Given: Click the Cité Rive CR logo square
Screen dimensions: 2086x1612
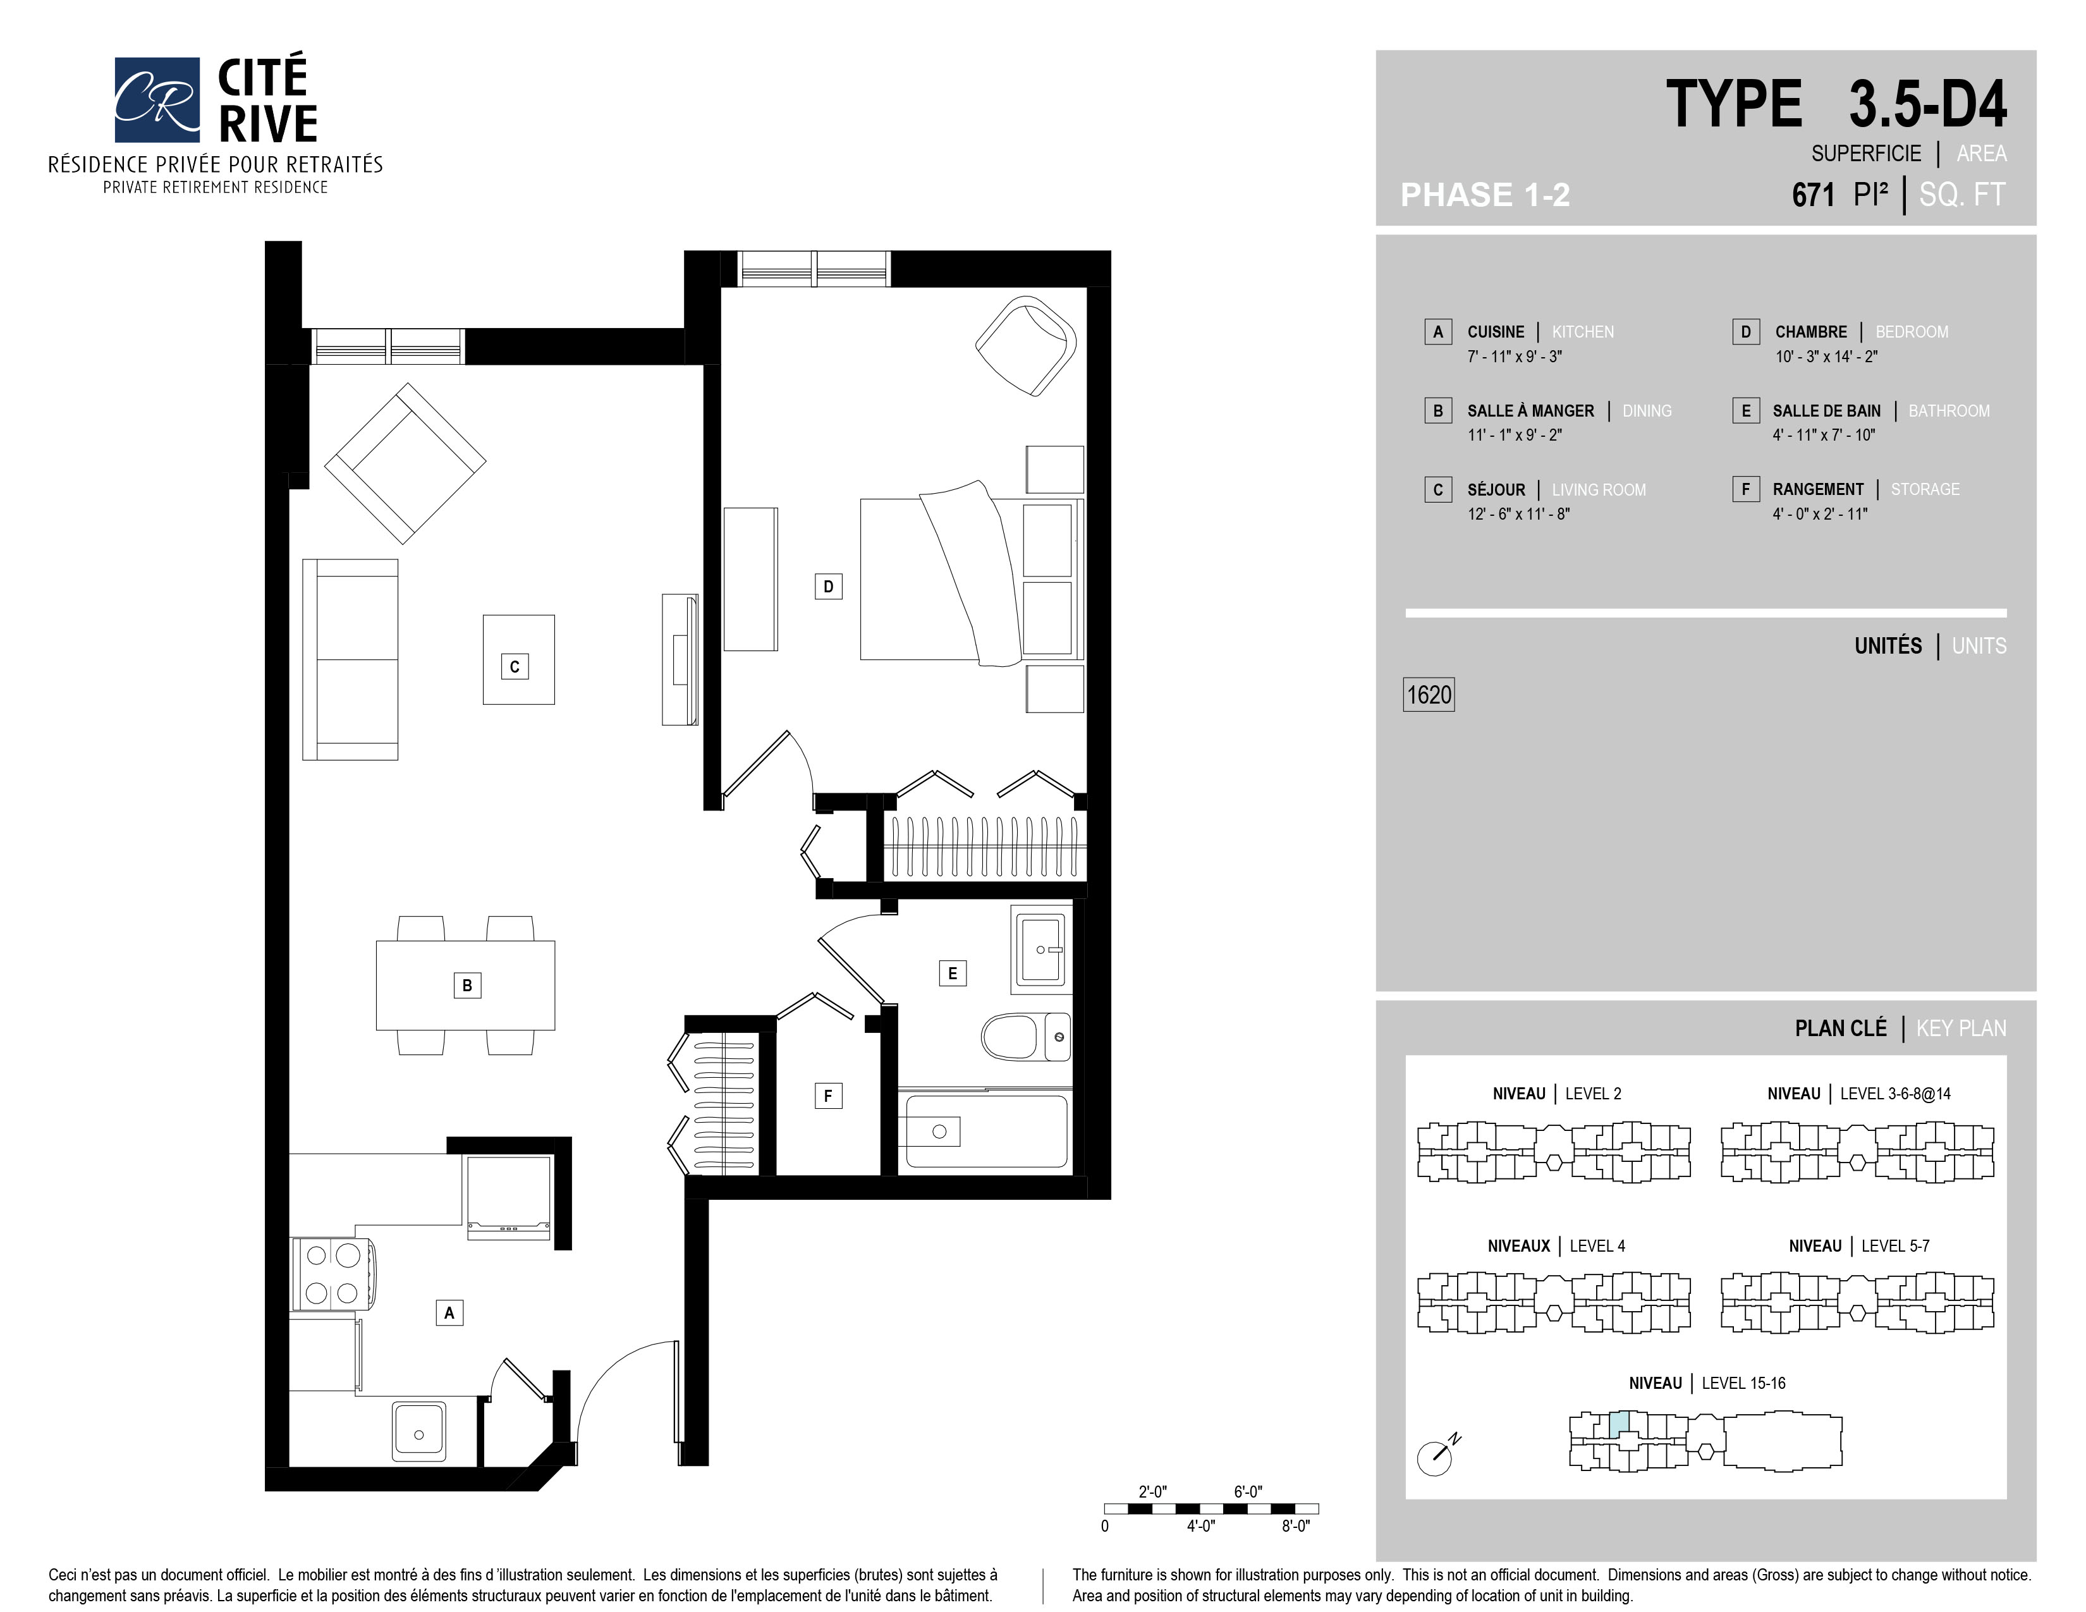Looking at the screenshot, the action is (157, 99).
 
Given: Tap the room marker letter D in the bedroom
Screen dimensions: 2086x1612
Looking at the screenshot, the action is (828, 587).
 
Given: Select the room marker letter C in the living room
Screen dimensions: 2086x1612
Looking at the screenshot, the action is (515, 666).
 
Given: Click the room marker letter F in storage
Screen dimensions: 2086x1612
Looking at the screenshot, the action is (828, 1096).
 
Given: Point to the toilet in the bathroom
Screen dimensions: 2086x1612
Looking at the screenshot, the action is (1026, 1036).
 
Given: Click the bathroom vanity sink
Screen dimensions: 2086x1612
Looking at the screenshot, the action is (1041, 949).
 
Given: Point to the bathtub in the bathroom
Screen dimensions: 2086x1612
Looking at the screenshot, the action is (985, 1131).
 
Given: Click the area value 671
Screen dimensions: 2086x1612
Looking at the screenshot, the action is (1813, 195).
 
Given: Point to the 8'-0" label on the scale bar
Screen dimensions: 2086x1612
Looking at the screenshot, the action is (1295, 1526).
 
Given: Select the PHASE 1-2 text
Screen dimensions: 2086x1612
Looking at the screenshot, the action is (1485, 195).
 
